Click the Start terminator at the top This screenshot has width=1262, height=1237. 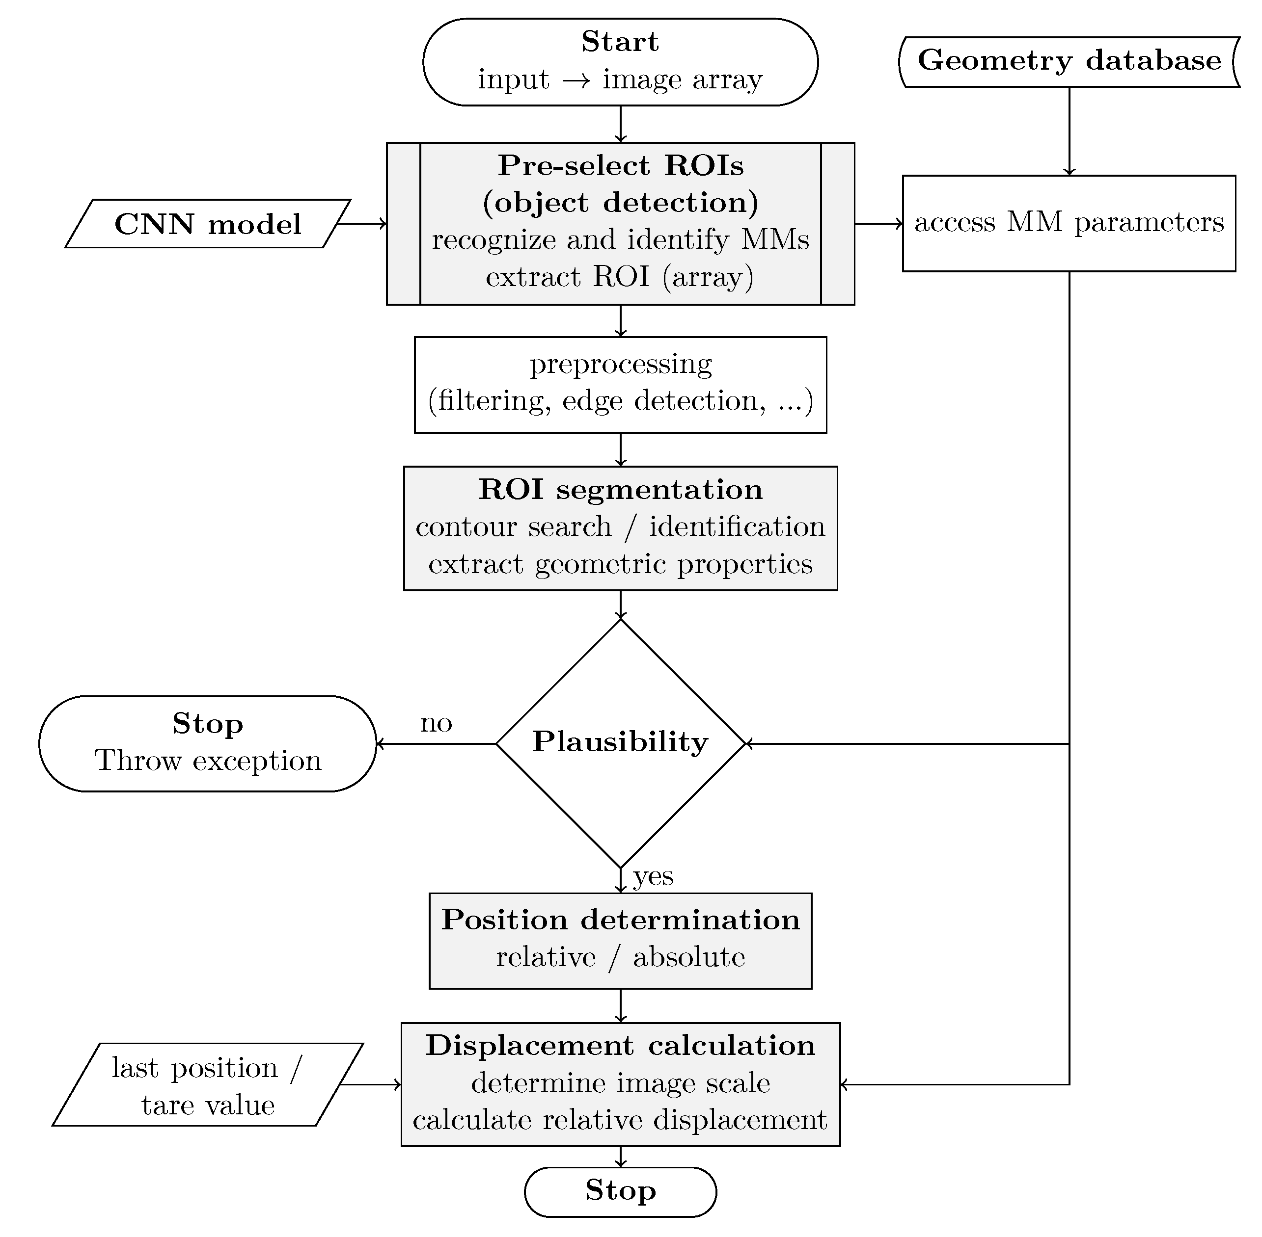point(620,62)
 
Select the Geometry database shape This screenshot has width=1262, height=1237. point(1070,62)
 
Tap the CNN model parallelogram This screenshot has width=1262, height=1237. point(208,223)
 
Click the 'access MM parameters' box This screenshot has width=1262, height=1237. point(1069,223)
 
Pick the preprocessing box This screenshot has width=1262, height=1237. point(620,385)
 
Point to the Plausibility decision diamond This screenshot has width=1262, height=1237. point(620,743)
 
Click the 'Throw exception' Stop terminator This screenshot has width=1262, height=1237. point(208,743)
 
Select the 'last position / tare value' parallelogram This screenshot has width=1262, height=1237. point(208,1084)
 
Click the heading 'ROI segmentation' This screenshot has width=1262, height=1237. point(620,489)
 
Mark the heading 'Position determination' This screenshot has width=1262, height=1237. point(620,920)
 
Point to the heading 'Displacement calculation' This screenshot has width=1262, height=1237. point(620,1045)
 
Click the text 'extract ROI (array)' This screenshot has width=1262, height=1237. point(620,277)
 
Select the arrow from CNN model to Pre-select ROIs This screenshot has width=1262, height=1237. point(363,223)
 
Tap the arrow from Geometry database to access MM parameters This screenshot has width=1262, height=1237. point(1070,131)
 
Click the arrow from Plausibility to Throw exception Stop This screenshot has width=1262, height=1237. point(436,743)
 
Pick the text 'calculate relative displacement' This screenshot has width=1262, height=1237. point(620,1120)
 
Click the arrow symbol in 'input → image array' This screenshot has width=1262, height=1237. point(576,80)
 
